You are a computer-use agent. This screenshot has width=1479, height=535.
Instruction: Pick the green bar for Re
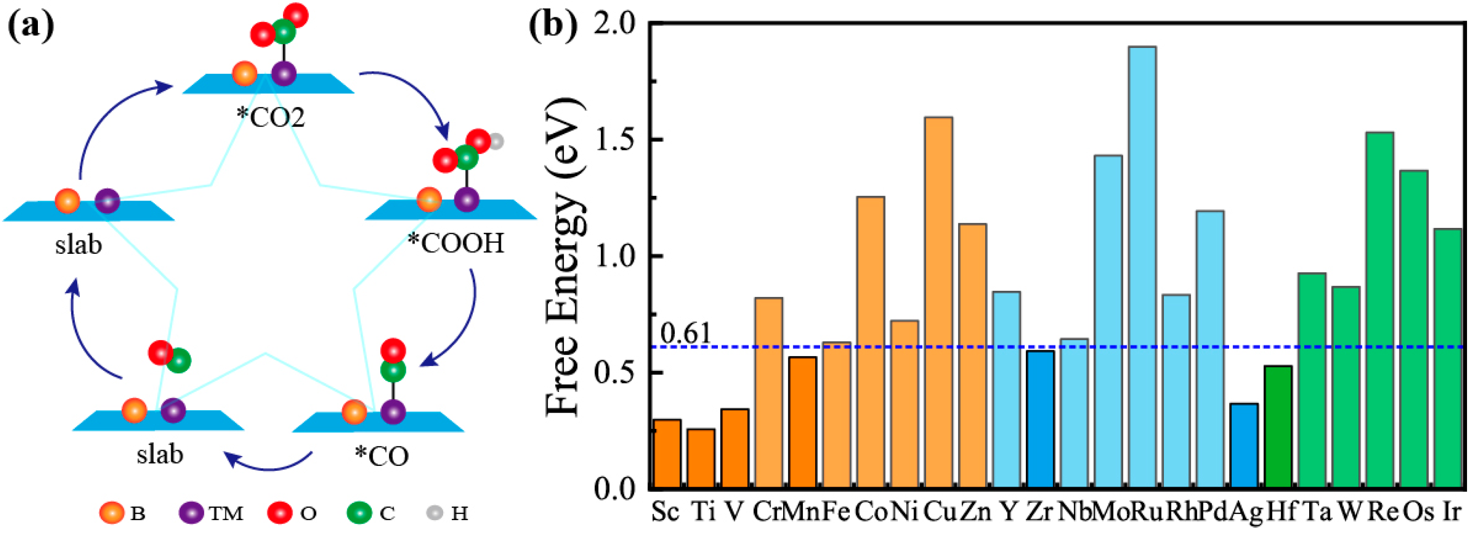coord(1380,310)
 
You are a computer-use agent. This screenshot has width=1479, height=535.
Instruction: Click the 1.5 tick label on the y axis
coord(615,140)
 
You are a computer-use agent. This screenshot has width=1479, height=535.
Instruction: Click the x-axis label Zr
coord(1039,511)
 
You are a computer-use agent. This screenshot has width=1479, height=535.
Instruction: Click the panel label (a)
coord(30,26)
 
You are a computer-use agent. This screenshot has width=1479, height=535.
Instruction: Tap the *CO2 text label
coord(270,117)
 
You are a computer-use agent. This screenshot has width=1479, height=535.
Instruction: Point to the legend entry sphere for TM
coord(190,512)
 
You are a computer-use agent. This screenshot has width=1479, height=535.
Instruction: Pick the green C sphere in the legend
coord(359,512)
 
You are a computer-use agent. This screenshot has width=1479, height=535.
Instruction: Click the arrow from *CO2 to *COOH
coord(413,92)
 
